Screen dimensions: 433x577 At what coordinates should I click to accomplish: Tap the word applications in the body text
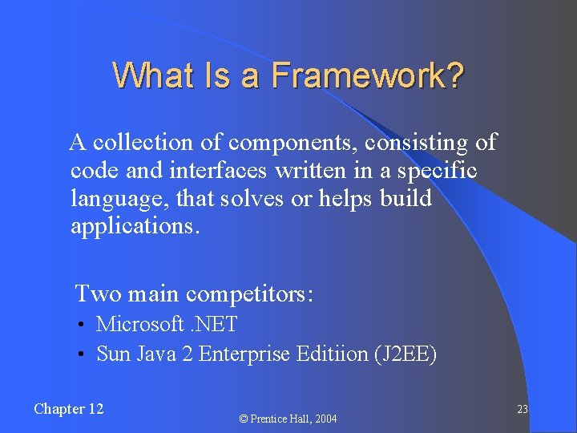pos(131,227)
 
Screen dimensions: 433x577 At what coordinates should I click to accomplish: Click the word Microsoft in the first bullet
pos(140,325)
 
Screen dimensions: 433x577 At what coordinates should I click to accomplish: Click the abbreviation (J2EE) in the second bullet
pos(406,354)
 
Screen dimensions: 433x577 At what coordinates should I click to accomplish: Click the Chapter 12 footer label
pos(69,409)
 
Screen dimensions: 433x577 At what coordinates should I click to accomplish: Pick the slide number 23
pos(522,410)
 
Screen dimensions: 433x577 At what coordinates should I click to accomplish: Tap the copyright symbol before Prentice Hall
pos(244,419)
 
